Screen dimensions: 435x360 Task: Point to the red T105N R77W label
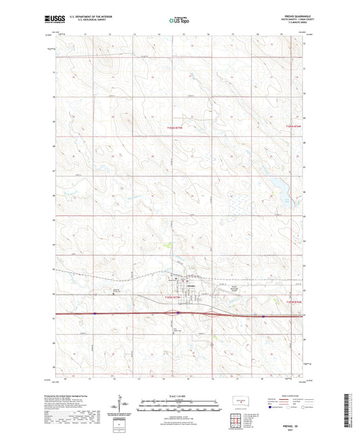pos(175,128)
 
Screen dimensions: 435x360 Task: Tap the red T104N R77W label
pos(174,297)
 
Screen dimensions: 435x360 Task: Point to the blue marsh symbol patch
pos(236,203)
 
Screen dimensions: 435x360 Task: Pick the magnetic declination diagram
pos(124,407)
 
